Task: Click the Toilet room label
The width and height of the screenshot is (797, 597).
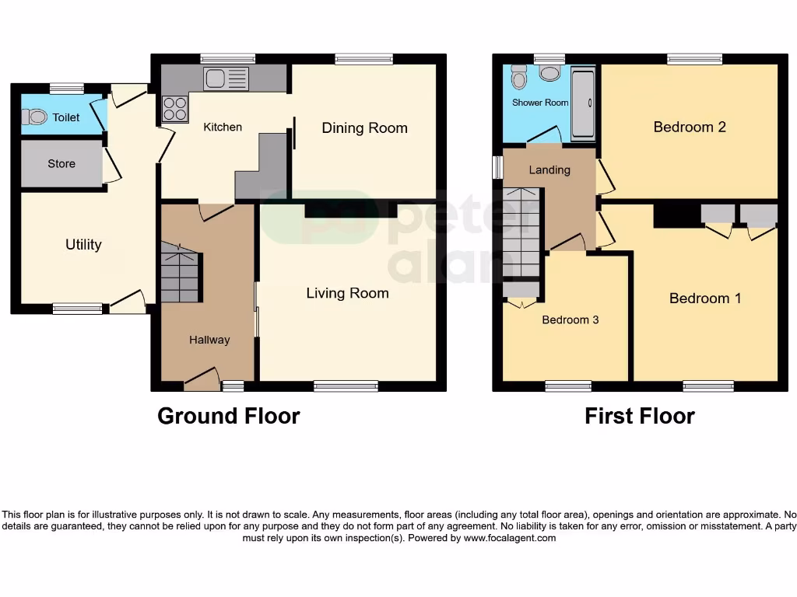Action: (66, 118)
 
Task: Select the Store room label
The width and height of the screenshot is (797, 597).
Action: (61, 163)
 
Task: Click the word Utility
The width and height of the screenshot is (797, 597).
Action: (83, 244)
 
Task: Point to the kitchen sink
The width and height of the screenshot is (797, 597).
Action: (226, 79)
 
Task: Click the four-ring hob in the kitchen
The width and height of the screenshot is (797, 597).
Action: (174, 108)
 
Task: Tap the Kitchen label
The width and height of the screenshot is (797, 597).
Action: (223, 127)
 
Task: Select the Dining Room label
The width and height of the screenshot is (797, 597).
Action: (364, 128)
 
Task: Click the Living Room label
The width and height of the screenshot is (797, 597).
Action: (347, 293)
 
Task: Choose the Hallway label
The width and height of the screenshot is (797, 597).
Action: (209, 340)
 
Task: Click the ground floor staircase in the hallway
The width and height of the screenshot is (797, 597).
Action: (180, 274)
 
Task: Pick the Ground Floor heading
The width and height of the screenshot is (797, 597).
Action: (228, 416)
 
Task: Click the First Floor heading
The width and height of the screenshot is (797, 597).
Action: (639, 416)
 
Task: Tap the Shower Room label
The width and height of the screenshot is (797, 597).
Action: (540, 103)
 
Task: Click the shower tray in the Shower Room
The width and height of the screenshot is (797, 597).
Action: (583, 103)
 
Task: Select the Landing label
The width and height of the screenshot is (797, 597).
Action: (549, 170)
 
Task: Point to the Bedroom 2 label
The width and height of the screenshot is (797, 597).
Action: (690, 127)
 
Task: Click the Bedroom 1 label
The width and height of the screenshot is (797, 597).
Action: (705, 298)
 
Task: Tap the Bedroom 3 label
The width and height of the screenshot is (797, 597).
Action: (571, 319)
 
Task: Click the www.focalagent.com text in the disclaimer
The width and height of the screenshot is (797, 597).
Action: (510, 538)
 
